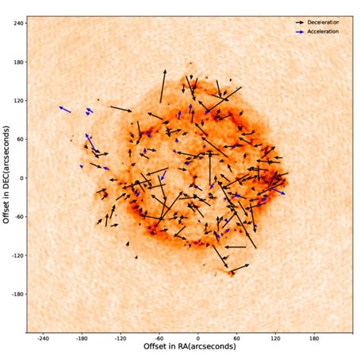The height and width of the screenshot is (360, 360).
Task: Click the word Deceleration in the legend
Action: tap(324, 23)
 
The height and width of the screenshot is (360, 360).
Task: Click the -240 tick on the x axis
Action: tap(43, 339)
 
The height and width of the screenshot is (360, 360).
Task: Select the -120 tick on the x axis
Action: tap(120, 339)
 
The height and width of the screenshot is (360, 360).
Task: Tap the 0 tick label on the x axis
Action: tap(198, 339)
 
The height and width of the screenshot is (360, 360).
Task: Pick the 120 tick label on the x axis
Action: tap(276, 339)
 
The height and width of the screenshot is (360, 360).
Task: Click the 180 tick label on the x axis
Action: tap(314, 339)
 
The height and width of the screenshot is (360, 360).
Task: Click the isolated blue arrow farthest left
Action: tap(65, 109)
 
